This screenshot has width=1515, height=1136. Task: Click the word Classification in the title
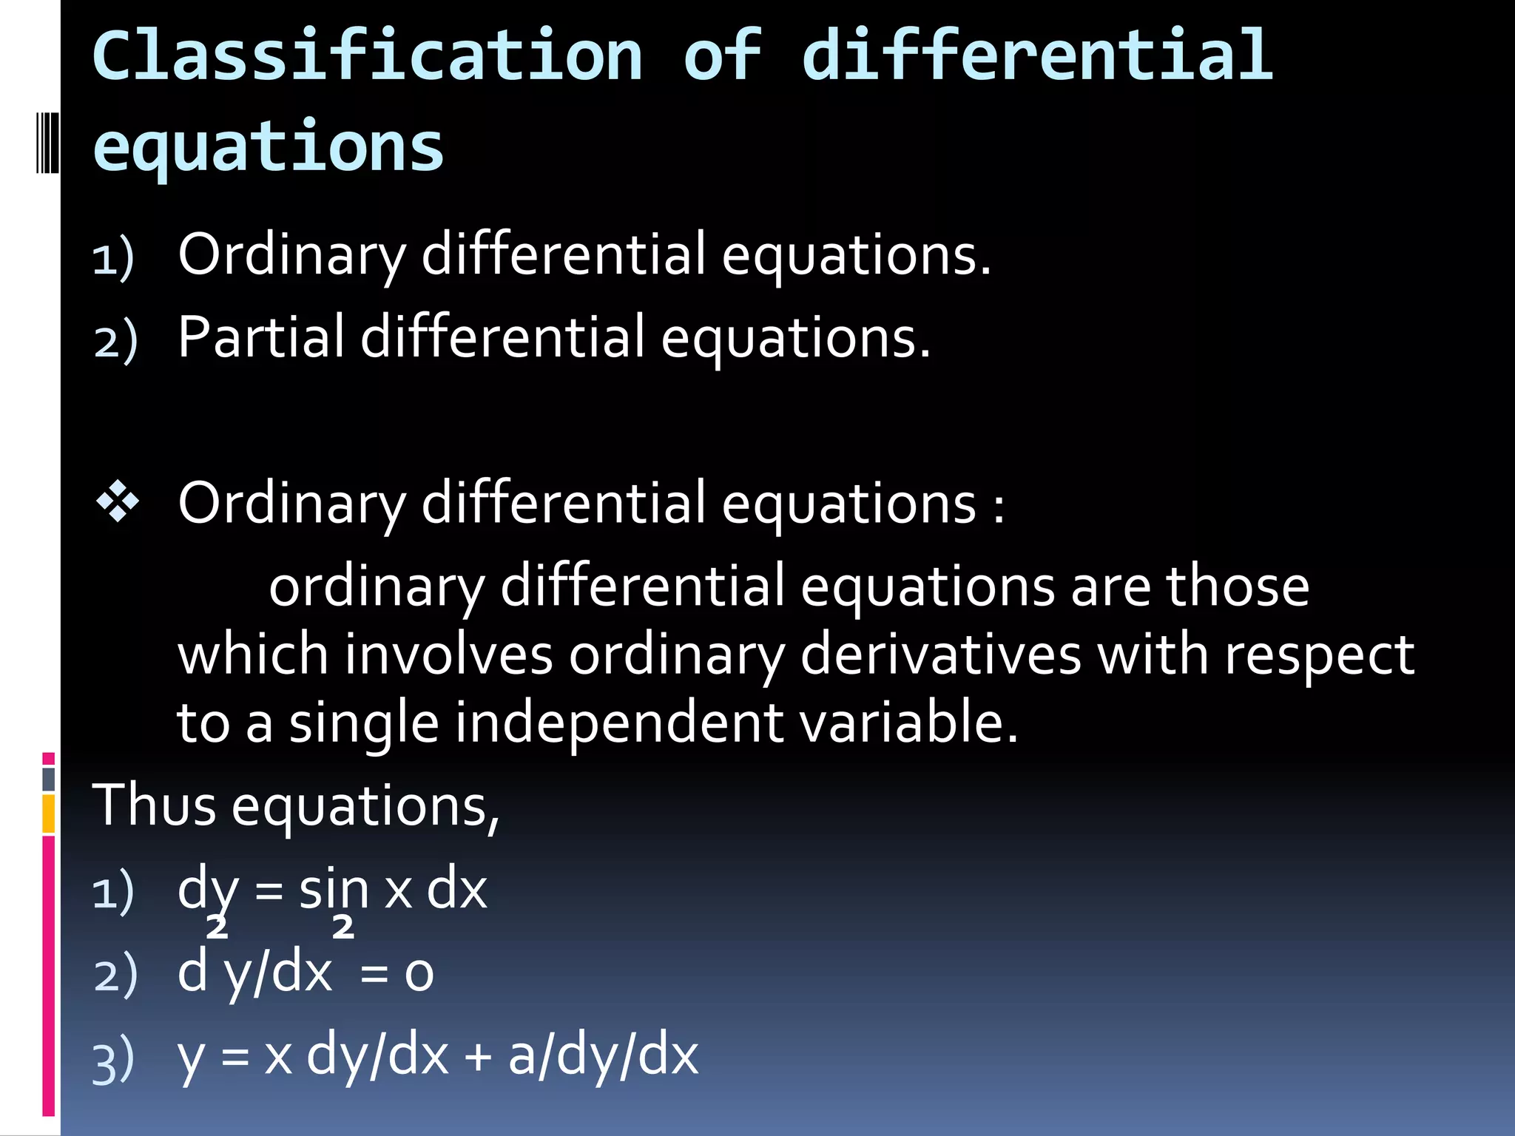(x=368, y=56)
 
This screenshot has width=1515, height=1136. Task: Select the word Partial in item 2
(x=260, y=337)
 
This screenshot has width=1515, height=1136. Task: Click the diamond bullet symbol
(x=118, y=502)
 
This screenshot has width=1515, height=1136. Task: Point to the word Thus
(x=154, y=805)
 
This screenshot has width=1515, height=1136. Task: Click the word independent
(x=618, y=723)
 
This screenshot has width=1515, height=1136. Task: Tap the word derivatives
(x=940, y=655)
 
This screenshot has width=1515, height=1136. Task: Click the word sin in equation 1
(x=333, y=890)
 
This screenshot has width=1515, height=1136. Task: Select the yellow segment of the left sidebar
(x=49, y=814)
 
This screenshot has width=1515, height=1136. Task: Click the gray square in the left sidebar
(x=49, y=779)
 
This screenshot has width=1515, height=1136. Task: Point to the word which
(x=252, y=655)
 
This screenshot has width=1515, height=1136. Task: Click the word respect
(x=1319, y=655)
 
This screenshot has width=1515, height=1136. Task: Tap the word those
(x=1237, y=587)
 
